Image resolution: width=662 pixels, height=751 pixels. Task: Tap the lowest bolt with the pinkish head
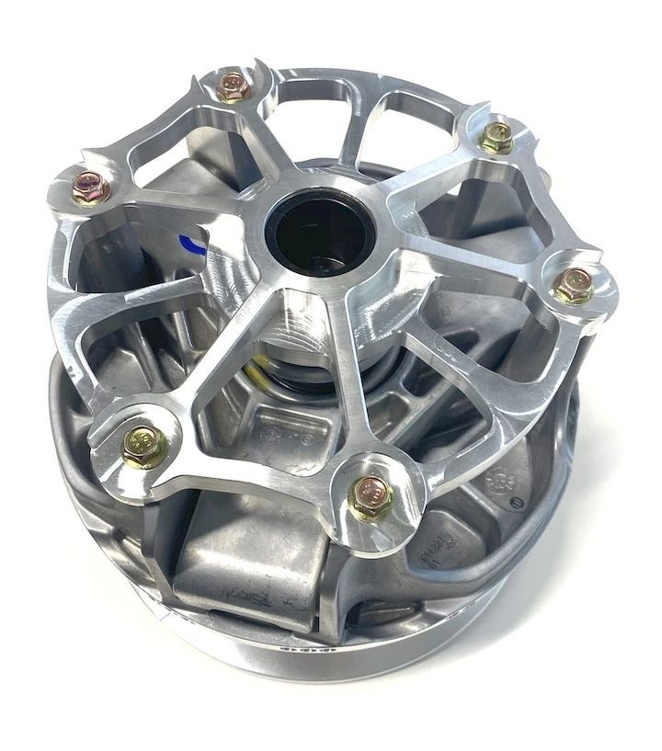pyautogui.click(x=371, y=495)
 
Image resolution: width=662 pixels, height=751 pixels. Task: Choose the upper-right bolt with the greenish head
pyautogui.click(x=497, y=136)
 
